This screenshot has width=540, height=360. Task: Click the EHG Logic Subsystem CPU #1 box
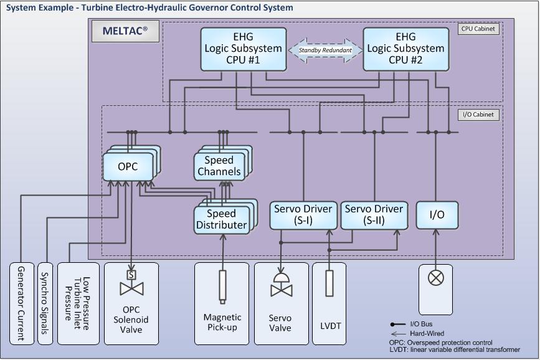[x=245, y=48]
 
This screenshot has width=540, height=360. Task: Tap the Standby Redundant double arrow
[x=325, y=50]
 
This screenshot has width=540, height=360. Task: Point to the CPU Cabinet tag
[x=478, y=29]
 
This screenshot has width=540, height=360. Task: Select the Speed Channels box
[x=219, y=166]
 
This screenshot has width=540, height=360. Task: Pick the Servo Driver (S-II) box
[x=374, y=214]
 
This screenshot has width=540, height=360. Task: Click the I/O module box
[x=437, y=214]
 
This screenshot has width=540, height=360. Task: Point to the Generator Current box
[x=21, y=303]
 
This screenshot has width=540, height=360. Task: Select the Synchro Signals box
[x=44, y=303]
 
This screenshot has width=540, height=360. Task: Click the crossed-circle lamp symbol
[x=436, y=277]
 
